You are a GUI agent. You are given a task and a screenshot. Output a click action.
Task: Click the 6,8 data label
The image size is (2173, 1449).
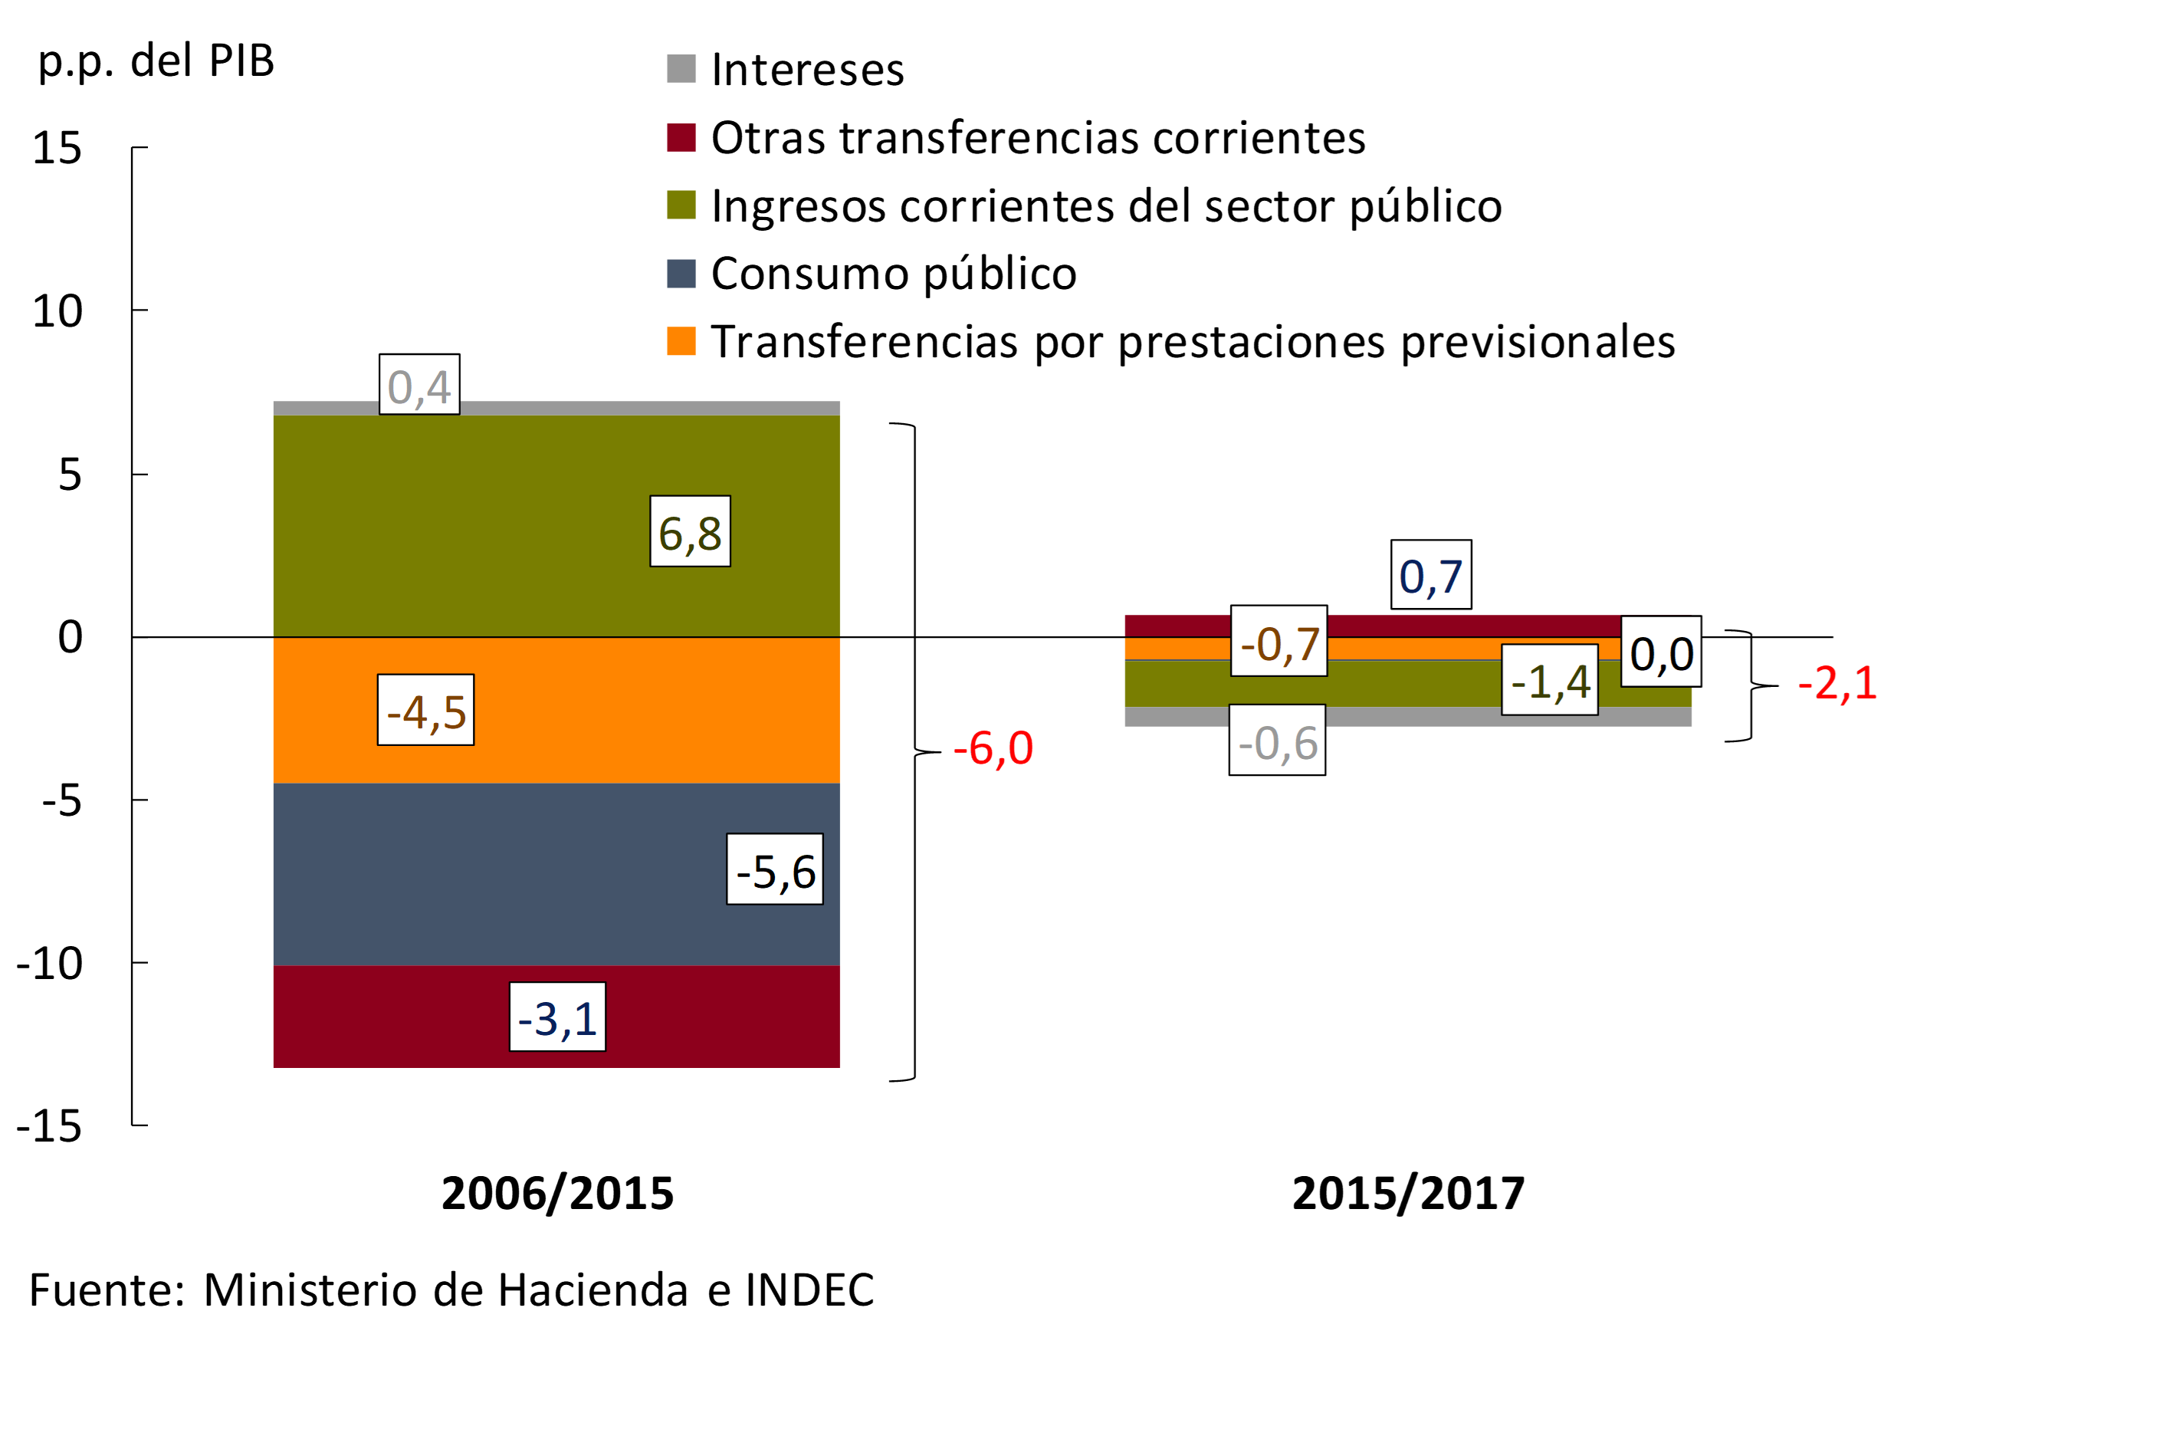690,531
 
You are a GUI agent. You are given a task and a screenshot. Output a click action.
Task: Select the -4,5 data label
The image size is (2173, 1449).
426,711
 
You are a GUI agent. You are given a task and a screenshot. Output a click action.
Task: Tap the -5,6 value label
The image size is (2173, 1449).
775,869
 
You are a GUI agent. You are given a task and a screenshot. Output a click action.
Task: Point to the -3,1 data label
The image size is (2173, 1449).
557,1017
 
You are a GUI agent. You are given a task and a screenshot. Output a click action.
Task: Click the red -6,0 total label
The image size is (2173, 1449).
993,747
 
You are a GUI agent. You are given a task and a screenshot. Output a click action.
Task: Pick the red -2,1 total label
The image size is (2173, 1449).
1837,683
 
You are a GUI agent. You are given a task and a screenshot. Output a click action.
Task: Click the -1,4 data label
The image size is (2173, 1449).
1549,680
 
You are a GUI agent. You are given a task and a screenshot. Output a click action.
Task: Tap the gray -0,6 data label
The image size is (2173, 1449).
1277,741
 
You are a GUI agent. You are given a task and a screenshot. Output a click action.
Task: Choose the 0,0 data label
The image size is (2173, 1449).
1661,652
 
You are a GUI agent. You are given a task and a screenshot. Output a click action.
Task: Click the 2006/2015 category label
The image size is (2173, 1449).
557,1193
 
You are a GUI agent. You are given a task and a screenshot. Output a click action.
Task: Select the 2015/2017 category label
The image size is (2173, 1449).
1408,1193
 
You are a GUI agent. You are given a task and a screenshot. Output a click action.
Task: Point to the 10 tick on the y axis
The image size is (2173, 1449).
57,311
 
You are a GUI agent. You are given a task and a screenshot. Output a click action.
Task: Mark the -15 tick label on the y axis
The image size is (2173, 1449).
50,1126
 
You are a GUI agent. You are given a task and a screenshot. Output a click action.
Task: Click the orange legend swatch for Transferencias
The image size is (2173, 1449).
681,341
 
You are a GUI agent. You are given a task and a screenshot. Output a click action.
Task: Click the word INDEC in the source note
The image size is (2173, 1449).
809,1290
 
